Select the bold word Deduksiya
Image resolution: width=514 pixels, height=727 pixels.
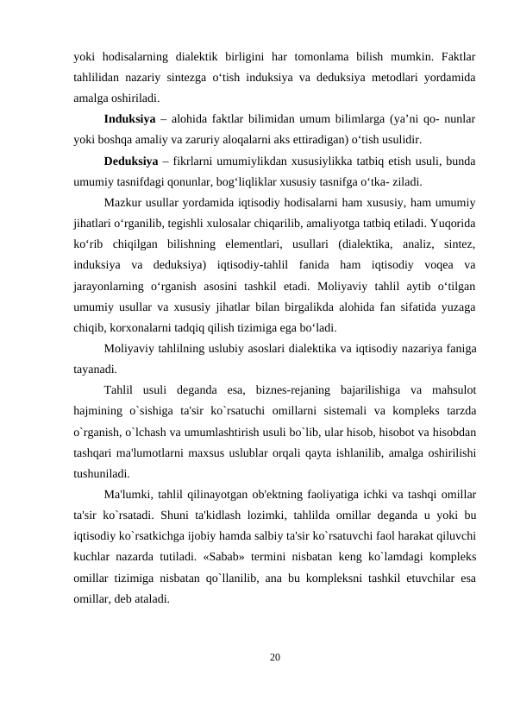(130, 161)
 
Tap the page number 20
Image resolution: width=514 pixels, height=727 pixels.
(274, 658)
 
